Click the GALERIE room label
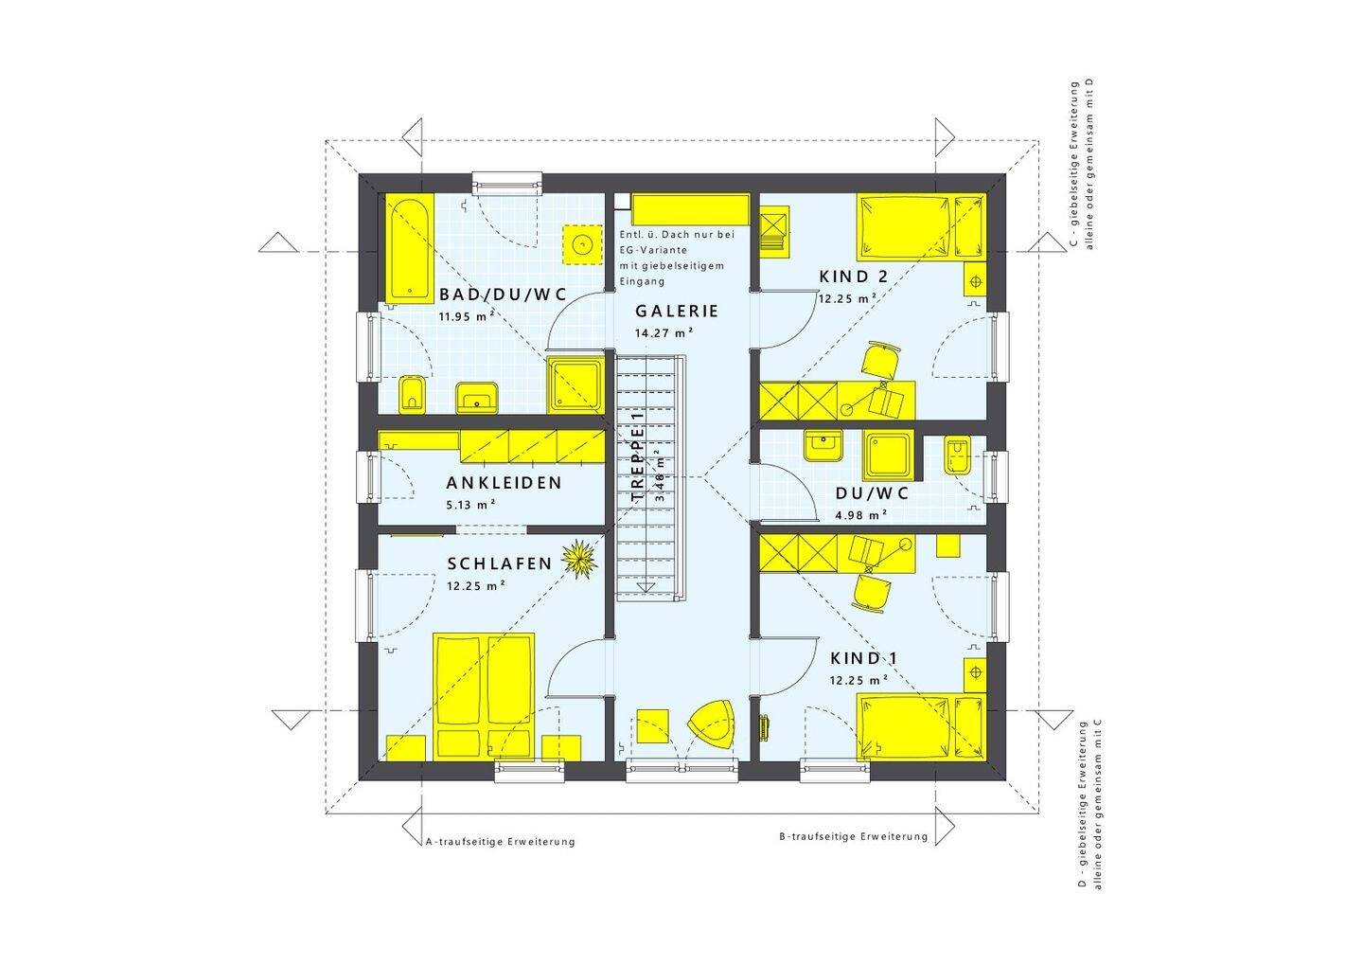click(677, 312)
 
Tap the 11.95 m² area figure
click(466, 316)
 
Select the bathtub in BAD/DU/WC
click(410, 248)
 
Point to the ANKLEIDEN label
click(504, 483)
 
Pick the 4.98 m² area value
click(861, 515)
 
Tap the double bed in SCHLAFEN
click(484, 697)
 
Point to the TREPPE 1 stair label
click(637, 457)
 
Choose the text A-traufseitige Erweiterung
click(500, 842)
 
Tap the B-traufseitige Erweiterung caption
click(853, 836)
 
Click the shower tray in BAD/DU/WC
click(575, 385)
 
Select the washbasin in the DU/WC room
click(823, 445)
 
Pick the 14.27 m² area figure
click(664, 333)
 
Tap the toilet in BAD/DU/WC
click(412, 394)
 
